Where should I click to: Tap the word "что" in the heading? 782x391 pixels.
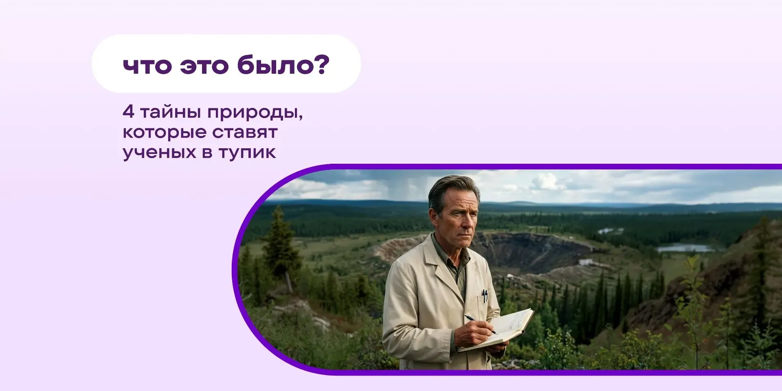point(147,66)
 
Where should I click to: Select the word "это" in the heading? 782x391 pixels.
point(204,66)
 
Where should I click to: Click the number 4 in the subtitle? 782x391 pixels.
point(128,112)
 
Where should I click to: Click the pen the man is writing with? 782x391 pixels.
point(481,324)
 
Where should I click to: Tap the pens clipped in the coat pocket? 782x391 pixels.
point(484,296)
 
